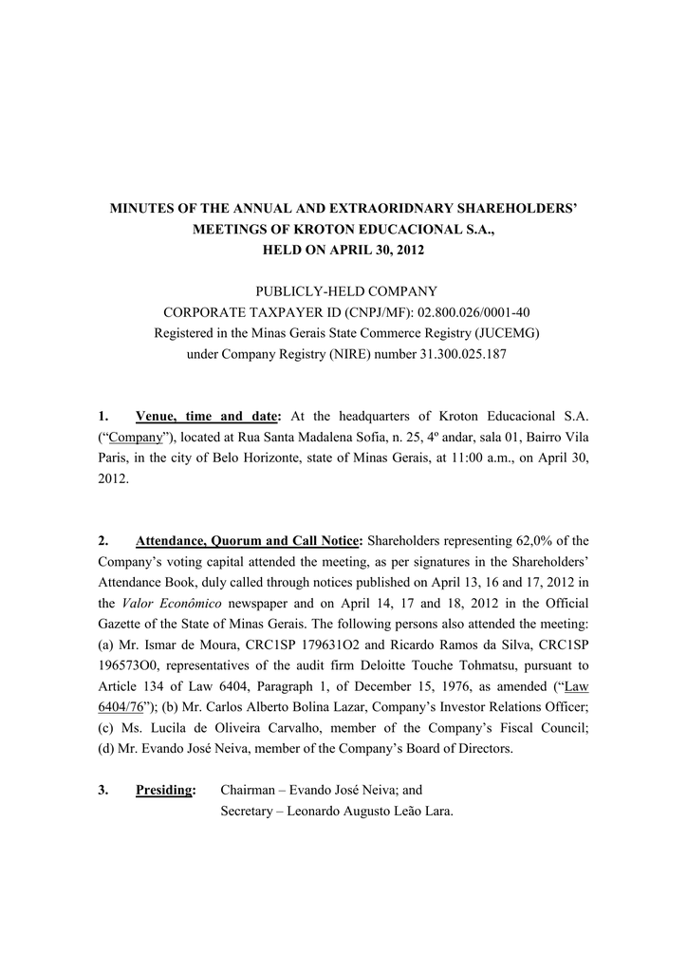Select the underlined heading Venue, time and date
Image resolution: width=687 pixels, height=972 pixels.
coord(208,417)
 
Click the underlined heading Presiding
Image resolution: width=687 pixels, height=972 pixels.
coord(164,790)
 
